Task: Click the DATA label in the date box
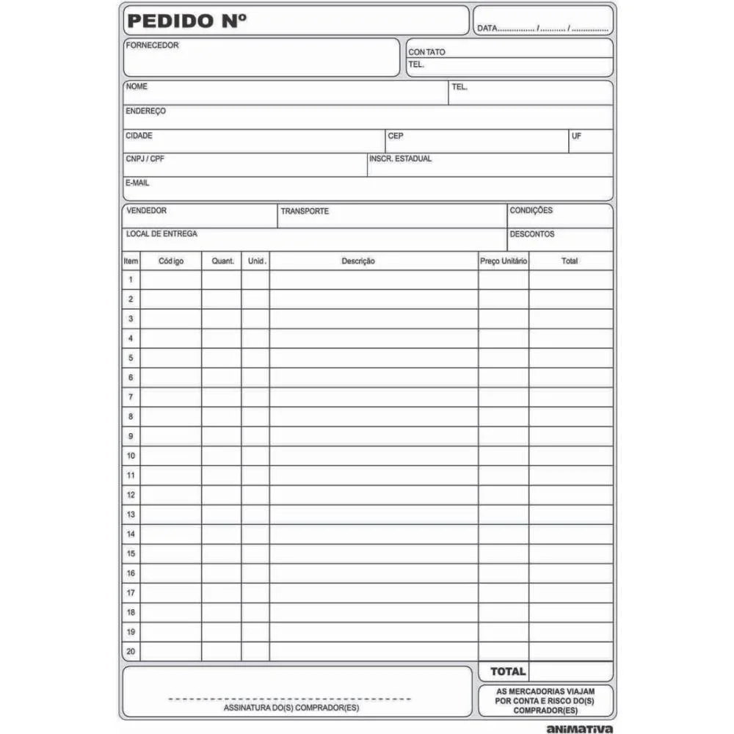[487, 29]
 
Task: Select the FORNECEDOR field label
[152, 46]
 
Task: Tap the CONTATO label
[426, 52]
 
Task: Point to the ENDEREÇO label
[145, 111]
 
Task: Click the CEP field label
[396, 136]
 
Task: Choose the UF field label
[576, 136]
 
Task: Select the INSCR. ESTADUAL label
[401, 159]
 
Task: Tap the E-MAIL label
[137, 183]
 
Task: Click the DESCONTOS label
[532, 235]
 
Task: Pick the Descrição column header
[358, 261]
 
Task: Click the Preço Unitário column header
[504, 261]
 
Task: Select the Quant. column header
[222, 261]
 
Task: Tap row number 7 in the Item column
[131, 397]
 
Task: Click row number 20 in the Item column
[131, 651]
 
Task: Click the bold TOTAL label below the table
[508, 671]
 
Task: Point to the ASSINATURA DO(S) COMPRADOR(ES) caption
[291, 708]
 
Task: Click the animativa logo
[580, 729]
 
